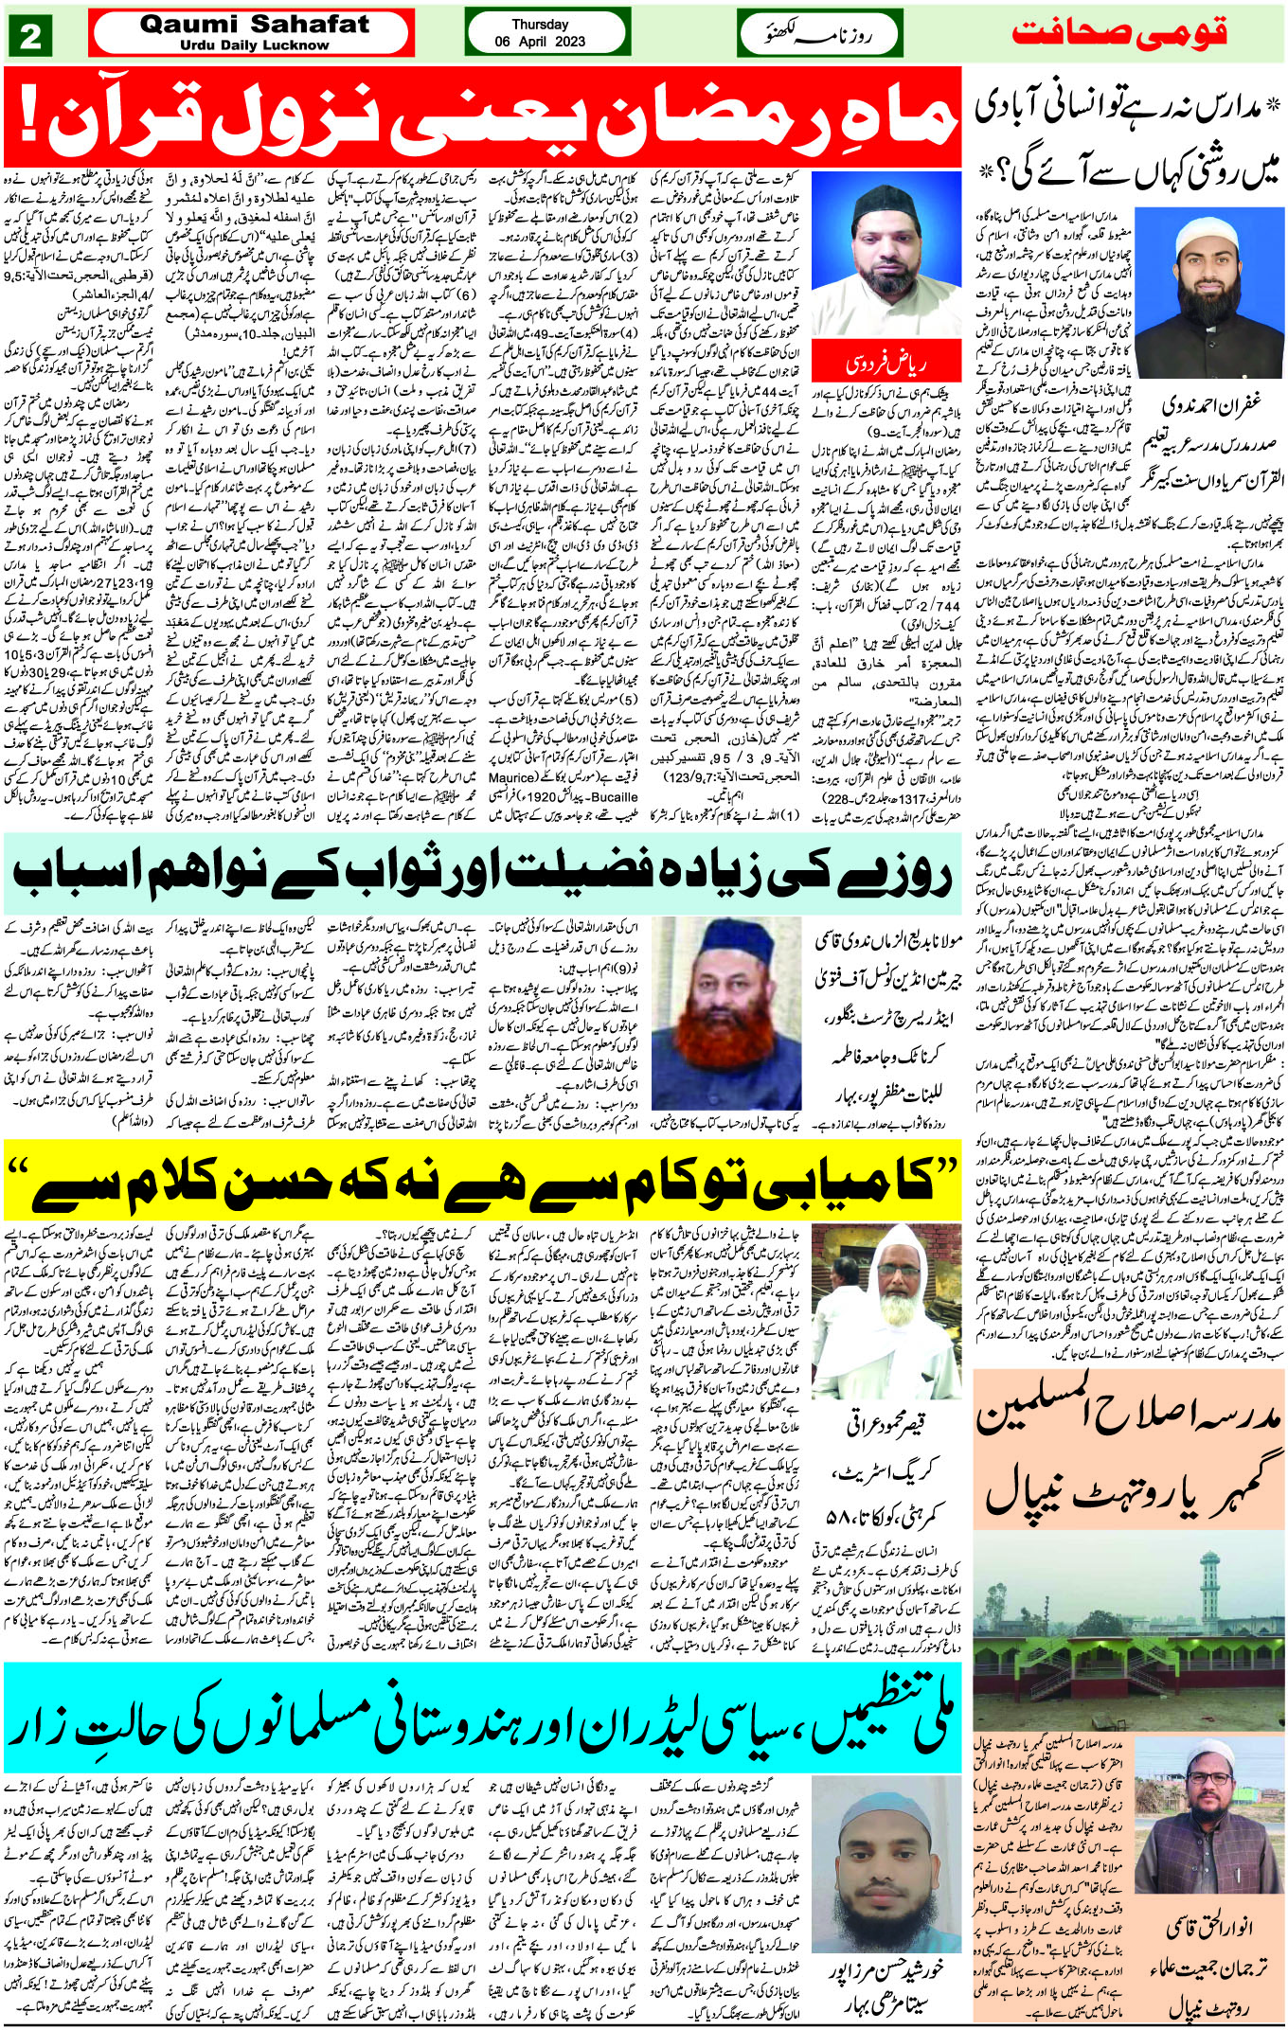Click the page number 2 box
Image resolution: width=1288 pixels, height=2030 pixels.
[29, 36]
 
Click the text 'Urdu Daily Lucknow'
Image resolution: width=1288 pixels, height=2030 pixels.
[254, 45]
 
